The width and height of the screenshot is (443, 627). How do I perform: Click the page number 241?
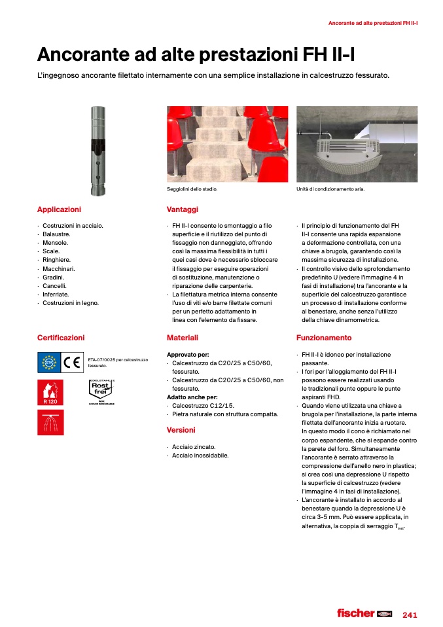click(x=410, y=615)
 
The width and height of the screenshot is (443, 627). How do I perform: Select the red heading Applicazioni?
click(x=59, y=209)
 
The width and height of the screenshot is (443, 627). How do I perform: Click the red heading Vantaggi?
click(x=183, y=209)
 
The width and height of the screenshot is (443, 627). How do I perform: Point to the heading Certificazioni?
click(x=61, y=338)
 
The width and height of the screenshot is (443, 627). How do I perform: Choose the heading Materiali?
click(x=183, y=338)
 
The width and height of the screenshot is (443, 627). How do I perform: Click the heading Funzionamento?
click(x=324, y=338)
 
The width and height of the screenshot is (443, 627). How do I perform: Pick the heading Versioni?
click(x=181, y=430)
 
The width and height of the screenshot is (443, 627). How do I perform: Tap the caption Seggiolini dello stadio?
click(x=192, y=189)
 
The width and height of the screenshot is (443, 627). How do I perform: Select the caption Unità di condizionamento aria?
click(x=330, y=189)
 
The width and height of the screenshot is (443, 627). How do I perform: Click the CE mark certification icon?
click(x=69, y=362)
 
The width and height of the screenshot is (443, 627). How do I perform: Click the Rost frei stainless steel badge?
click(x=101, y=392)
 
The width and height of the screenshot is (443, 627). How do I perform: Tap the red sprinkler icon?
click(x=50, y=423)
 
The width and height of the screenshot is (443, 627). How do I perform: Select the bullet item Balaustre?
click(x=56, y=234)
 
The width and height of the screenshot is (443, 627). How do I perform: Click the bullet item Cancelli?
click(x=55, y=286)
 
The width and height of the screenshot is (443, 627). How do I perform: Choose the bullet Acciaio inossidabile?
click(x=200, y=456)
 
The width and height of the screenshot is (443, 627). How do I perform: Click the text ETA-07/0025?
click(x=104, y=360)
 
